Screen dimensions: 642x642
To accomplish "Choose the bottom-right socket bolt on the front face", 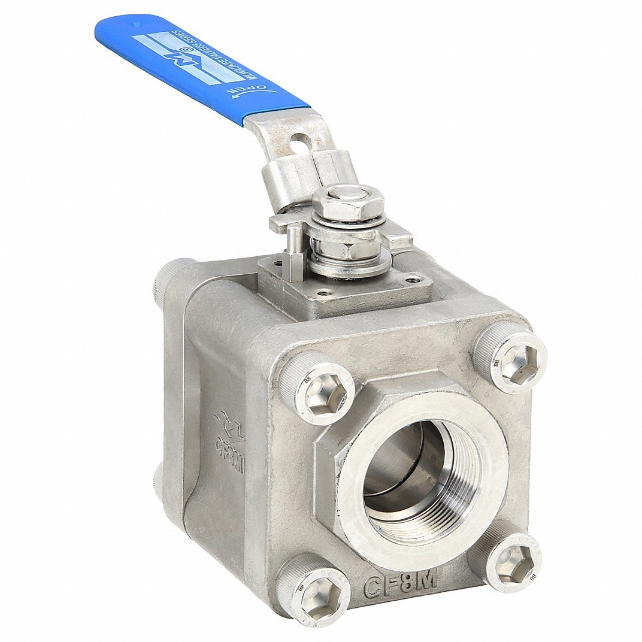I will (x=508, y=560).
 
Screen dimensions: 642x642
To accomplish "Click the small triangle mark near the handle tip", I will (x=138, y=25).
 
